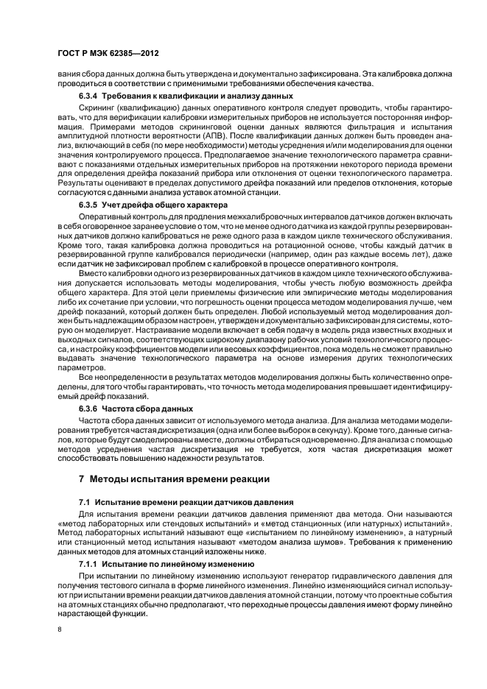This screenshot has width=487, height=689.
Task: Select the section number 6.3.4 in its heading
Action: [90, 96]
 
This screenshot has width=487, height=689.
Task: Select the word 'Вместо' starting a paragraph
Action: [93, 272]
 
